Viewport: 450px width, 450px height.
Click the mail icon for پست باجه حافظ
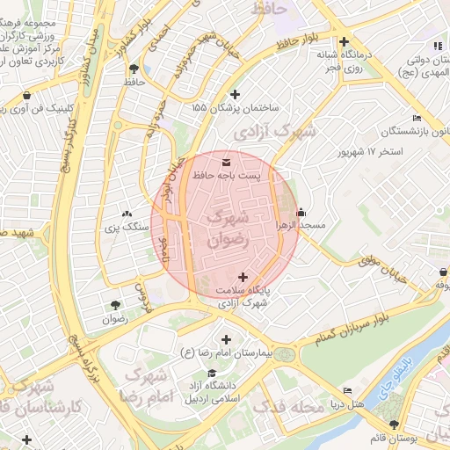tap(228, 163)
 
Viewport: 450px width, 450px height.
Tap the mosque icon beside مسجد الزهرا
tap(301, 212)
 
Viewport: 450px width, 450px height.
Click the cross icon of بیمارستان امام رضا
tap(227, 339)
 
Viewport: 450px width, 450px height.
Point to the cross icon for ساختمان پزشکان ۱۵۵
tap(234, 94)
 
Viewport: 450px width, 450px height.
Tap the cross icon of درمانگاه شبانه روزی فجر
tap(344, 41)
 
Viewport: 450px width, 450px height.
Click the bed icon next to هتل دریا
tap(348, 390)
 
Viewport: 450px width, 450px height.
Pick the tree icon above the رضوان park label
tap(115, 306)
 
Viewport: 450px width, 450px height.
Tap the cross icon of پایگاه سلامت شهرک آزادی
tap(243, 277)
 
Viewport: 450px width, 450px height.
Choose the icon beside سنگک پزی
tap(127, 214)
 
